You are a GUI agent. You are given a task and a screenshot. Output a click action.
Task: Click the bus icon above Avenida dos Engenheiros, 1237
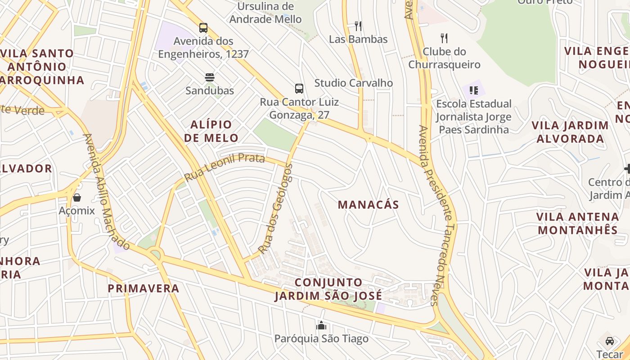tap(203, 28)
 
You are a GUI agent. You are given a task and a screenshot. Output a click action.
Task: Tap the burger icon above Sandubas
tap(209, 77)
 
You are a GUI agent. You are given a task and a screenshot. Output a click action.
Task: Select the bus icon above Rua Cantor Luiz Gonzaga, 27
tap(299, 88)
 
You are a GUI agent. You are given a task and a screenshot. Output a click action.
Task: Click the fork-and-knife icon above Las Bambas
tap(358, 26)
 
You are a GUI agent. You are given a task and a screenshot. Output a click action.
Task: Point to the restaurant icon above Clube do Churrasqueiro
tap(444, 38)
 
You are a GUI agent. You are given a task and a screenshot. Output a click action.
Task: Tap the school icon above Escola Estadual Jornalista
tap(473, 90)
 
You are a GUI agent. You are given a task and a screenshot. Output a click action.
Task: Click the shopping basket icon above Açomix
tap(77, 197)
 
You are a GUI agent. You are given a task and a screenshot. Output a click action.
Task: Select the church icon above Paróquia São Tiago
tap(321, 325)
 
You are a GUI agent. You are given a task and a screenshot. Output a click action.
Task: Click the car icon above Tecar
tap(610, 341)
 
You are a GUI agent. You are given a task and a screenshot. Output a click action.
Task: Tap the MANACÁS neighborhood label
tap(368, 205)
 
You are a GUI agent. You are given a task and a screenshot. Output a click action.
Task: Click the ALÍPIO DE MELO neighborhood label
tap(211, 131)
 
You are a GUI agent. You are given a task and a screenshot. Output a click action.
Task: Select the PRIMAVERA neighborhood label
tap(144, 288)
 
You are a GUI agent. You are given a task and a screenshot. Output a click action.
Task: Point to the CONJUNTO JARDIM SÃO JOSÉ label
tap(328, 289)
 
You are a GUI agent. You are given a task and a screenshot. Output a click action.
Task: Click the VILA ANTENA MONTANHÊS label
tap(578, 224)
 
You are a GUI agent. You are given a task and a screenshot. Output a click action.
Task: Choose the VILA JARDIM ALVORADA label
tap(570, 132)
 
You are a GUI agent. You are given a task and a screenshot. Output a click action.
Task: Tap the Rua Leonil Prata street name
tap(225, 167)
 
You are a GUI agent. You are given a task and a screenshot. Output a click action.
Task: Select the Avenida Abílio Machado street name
tap(107, 192)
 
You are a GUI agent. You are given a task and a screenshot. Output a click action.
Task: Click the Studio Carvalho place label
tap(353, 83)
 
